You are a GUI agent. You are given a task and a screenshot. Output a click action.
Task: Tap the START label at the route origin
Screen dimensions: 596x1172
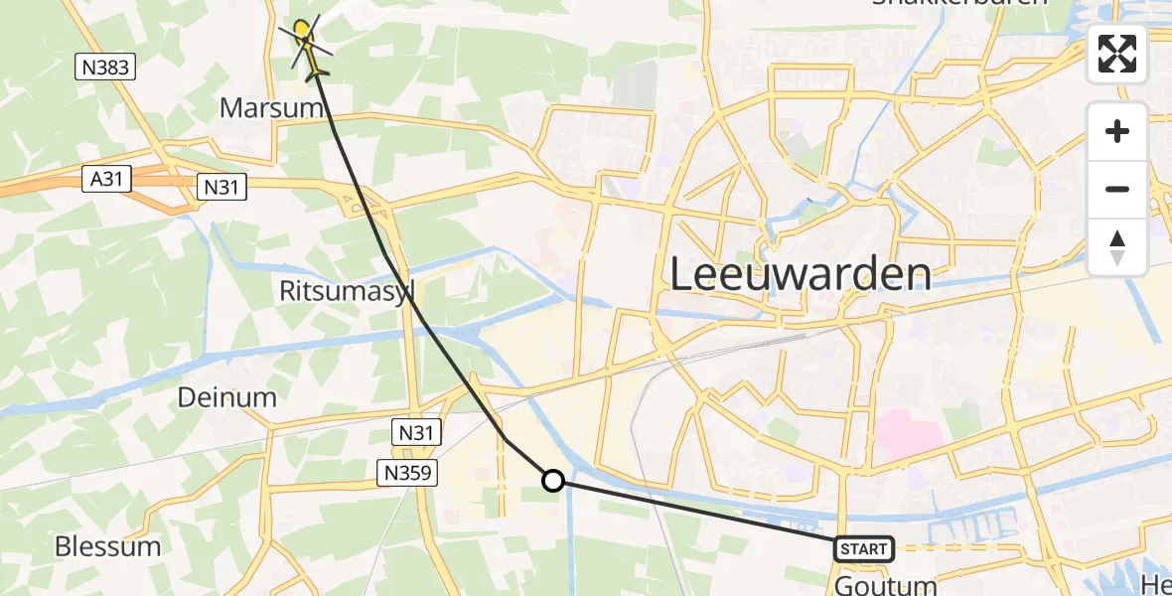863,548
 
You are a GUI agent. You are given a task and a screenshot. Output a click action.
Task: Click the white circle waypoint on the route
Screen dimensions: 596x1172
553,481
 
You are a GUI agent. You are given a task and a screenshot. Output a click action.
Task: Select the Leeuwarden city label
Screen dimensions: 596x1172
801,273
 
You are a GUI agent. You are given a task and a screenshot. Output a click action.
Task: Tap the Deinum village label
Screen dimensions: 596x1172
226,397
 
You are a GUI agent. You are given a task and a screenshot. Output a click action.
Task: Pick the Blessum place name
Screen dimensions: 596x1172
108,545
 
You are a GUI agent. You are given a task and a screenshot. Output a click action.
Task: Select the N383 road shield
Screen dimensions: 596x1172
105,68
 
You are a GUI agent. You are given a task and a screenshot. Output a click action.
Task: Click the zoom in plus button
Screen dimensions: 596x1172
1117,131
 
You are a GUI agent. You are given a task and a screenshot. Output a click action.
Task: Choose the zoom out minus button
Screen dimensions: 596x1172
1117,189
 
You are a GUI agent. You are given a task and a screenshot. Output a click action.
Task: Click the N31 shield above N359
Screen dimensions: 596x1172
417,432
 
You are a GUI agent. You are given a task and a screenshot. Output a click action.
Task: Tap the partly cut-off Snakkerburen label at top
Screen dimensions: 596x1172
959,4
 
